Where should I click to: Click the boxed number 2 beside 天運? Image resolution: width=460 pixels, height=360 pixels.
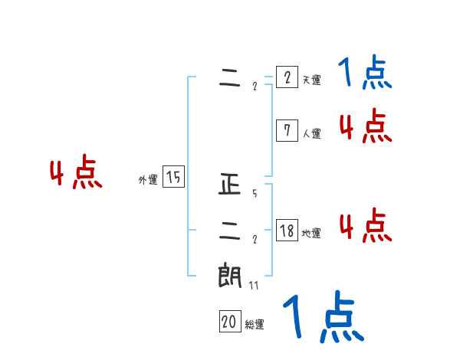286,78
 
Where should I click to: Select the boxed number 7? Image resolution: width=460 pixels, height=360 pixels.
286,131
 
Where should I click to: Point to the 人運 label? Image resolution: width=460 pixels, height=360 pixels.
311,133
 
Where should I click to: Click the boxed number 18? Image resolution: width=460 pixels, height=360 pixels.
286,231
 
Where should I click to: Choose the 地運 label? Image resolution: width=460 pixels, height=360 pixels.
311,233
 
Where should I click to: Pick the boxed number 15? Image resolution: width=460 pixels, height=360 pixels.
173,177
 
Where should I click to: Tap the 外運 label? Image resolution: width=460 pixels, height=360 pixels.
148,180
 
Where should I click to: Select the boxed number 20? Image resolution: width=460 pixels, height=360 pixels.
228,322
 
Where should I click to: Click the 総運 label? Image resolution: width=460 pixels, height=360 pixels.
254,325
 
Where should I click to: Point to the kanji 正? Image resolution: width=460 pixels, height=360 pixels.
230,185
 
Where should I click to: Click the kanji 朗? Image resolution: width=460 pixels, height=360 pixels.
230,275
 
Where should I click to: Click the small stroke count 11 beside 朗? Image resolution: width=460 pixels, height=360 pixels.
254,285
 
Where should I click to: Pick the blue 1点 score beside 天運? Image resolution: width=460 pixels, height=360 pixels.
365,74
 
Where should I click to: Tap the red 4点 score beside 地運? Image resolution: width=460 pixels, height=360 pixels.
365,226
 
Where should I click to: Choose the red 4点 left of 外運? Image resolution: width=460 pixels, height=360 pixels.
76,175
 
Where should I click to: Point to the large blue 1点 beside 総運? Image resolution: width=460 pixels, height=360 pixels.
324,317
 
